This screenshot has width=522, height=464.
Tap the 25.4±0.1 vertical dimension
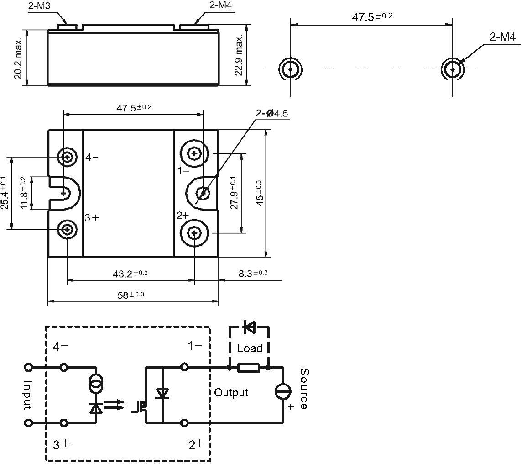[5, 193]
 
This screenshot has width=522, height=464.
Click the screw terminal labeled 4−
[68, 157]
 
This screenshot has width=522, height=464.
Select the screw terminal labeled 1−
[194, 153]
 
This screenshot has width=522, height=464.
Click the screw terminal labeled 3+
[68, 229]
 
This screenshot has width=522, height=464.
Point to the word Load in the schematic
[250, 348]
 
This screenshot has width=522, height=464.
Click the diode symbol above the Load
[249, 327]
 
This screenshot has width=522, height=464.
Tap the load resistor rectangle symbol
[249, 367]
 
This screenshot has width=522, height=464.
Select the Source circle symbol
[283, 391]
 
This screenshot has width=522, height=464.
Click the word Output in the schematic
[231, 392]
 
